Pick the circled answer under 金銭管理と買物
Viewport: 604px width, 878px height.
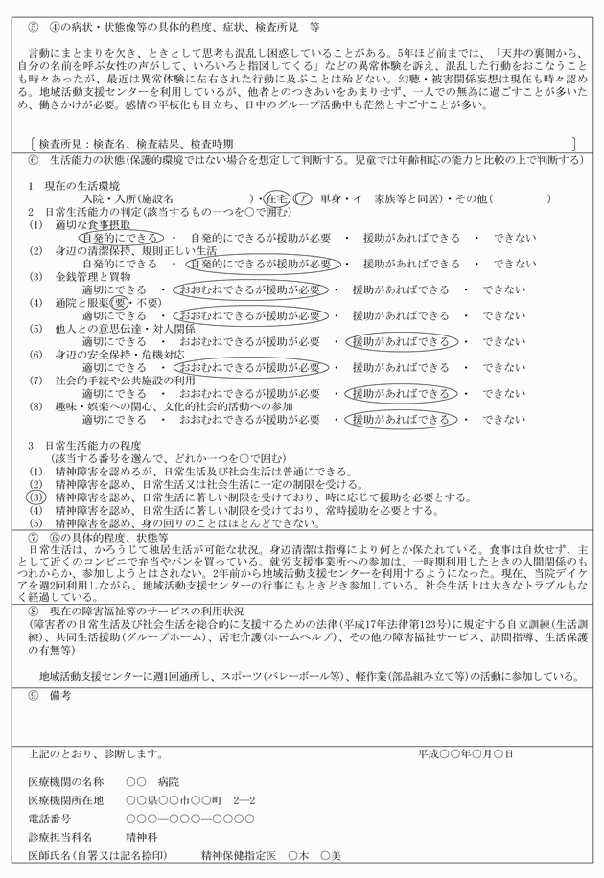click(251, 289)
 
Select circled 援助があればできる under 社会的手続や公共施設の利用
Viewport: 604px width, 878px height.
click(399, 393)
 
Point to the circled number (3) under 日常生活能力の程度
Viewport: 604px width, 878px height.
click(35, 497)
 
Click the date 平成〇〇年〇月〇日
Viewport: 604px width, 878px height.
click(466, 754)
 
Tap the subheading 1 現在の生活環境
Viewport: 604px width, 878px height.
click(74, 185)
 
